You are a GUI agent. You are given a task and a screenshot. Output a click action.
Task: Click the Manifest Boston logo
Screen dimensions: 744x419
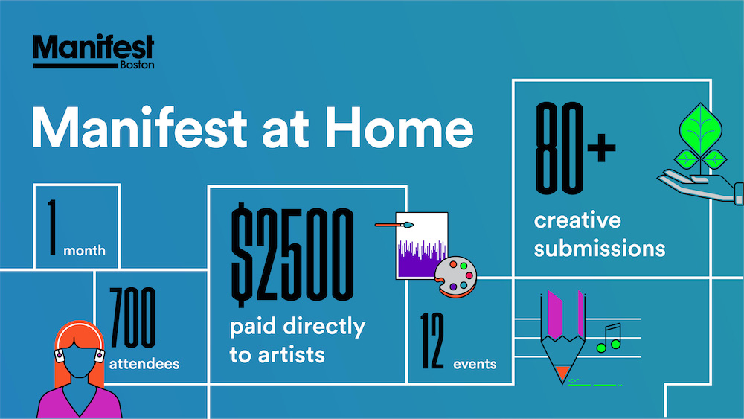[94, 51]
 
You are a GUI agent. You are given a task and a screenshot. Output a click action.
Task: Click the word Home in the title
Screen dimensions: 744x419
[399, 128]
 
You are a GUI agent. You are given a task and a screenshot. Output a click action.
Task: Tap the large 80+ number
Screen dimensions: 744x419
[575, 148]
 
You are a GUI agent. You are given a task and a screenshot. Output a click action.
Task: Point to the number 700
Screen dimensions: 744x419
[133, 318]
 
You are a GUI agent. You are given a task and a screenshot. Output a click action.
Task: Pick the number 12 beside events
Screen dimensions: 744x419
[432, 341]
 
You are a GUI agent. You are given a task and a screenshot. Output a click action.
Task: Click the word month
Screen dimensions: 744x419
[85, 250]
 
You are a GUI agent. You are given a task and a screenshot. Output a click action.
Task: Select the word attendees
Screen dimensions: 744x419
[144, 363]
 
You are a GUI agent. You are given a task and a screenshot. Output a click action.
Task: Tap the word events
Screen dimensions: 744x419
[475, 364]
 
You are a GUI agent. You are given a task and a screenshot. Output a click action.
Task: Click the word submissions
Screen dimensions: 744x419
[599, 249]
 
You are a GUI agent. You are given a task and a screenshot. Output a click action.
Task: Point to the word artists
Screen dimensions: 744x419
[292, 355]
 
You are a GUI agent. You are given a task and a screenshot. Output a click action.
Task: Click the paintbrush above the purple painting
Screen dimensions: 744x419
[394, 225]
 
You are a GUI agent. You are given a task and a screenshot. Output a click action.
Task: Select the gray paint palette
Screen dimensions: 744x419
[456, 276]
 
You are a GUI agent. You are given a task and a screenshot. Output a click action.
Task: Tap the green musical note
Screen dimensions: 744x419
[609, 338]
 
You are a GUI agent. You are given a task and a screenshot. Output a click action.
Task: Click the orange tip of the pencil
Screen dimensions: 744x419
[563, 373]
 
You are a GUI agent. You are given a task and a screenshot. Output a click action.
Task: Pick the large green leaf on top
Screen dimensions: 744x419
[700, 128]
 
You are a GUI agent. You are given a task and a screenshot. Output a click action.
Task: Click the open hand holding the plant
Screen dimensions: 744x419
[698, 186]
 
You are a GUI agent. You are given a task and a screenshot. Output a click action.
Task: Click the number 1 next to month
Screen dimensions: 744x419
[52, 227]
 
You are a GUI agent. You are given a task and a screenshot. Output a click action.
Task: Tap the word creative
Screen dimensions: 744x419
[577, 220]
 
